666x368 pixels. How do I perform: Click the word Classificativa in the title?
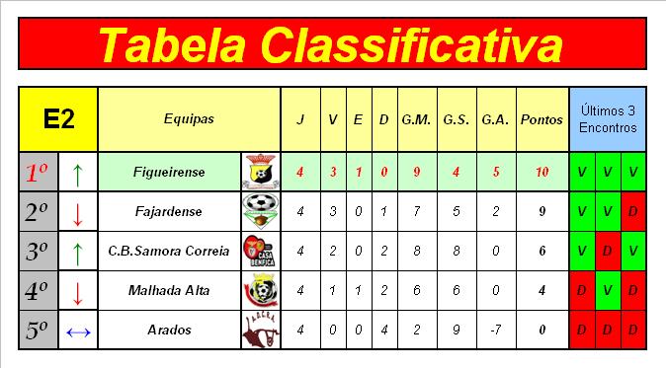(x=412, y=44)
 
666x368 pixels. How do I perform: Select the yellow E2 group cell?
(x=58, y=119)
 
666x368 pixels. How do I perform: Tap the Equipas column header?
(x=189, y=119)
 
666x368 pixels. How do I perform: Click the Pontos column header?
(x=541, y=119)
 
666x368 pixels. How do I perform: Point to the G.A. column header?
(x=495, y=120)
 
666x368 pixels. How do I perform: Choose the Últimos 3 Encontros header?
(x=608, y=119)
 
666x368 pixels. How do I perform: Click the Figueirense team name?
(x=169, y=172)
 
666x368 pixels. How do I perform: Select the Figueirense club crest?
(x=261, y=172)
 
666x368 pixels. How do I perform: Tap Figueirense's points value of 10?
(x=541, y=172)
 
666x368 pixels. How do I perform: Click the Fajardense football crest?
(x=261, y=211)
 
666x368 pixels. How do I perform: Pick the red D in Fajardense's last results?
(x=632, y=211)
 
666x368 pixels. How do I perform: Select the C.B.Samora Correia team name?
(x=169, y=251)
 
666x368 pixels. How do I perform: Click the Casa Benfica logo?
(x=260, y=251)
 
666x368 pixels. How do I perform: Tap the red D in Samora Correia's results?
(x=608, y=251)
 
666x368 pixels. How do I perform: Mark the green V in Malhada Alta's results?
(x=608, y=290)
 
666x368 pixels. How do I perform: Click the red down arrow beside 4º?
(x=77, y=293)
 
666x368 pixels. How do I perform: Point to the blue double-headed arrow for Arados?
(x=79, y=332)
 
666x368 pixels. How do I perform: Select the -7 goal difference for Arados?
(x=495, y=330)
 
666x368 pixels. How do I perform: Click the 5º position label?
(x=37, y=331)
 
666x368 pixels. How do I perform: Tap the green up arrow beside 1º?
(x=77, y=175)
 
